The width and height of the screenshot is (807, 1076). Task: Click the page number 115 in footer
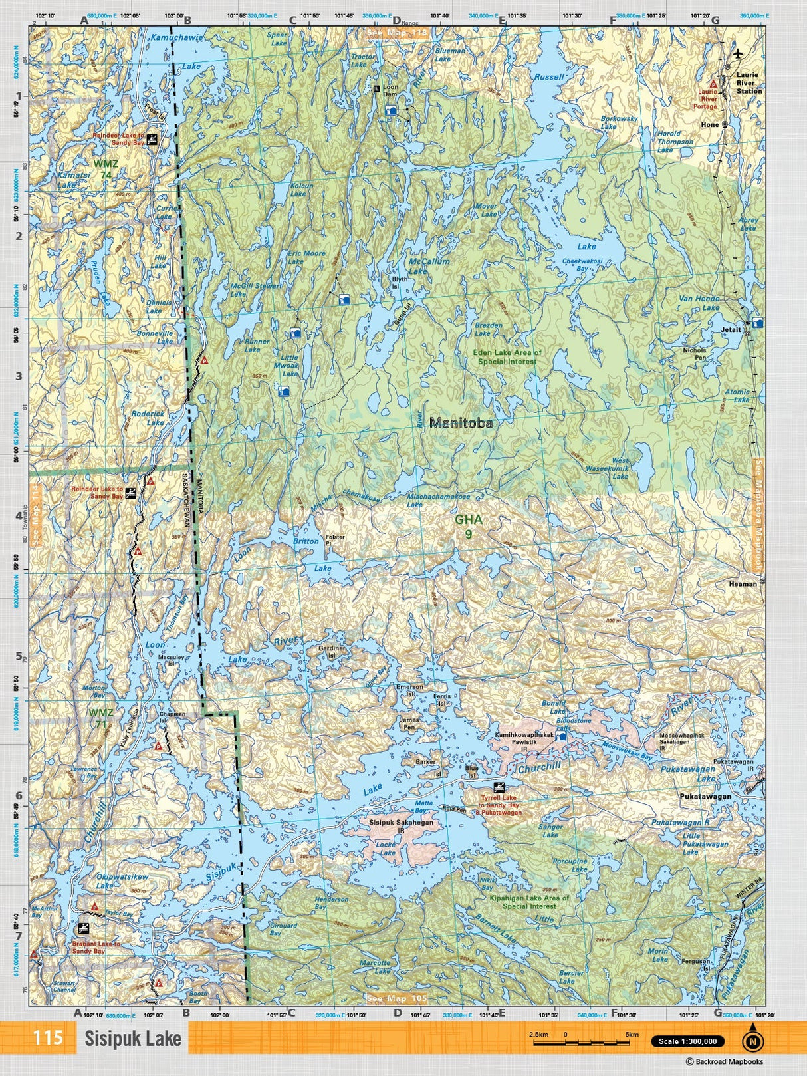coord(47,1038)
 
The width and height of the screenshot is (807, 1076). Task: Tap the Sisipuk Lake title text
coord(132,1039)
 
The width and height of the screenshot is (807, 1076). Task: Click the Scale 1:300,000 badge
coord(687,1041)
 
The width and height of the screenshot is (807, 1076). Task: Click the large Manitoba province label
coord(461,422)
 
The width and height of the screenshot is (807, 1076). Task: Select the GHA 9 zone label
coord(468,527)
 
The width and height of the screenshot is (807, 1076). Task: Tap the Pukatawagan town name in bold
coord(705,796)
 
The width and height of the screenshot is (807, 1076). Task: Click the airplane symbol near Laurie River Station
coord(737,53)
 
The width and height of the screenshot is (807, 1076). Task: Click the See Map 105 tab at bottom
coord(397,998)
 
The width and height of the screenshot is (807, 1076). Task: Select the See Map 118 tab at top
coord(398,32)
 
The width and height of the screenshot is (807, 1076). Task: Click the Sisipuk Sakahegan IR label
coord(401,826)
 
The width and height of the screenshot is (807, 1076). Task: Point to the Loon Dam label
coord(390,91)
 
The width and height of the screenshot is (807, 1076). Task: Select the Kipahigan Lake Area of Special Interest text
coord(529,902)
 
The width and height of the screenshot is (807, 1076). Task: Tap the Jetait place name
coord(731,329)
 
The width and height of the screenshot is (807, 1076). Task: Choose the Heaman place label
coord(743,583)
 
